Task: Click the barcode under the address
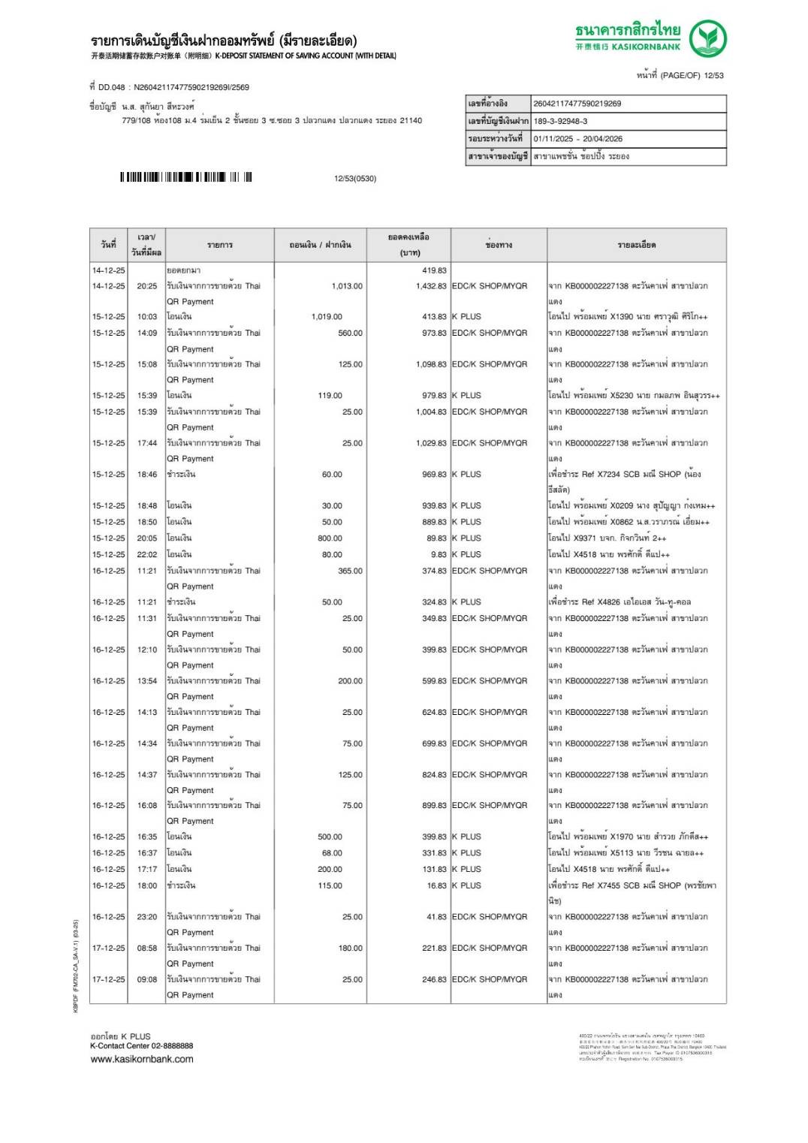coord(185,178)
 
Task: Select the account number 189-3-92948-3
coord(560,121)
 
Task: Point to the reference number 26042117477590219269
coord(577,104)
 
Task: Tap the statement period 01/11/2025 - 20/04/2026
coord(577,139)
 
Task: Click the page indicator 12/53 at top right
coord(713,75)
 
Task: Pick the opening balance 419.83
coord(433,270)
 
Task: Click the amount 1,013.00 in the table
coord(346,286)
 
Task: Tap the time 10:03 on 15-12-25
coord(147,317)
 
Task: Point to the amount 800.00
coord(329,538)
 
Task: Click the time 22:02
coord(147,555)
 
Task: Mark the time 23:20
coord(147,917)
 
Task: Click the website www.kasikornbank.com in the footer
coord(142,1059)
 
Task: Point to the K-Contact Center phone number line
coord(142,1045)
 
